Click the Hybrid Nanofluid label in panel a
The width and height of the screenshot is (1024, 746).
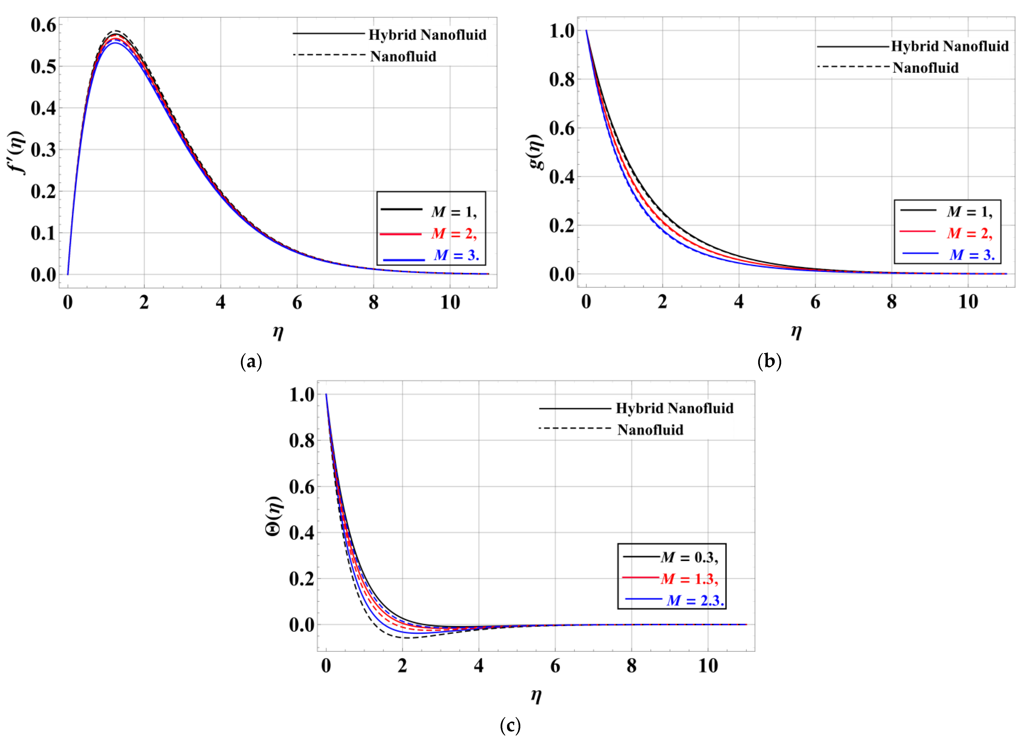427,35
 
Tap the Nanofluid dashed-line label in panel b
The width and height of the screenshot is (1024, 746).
925,68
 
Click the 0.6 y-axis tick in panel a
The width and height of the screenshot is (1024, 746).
43,25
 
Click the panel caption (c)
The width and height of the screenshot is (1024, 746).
510,726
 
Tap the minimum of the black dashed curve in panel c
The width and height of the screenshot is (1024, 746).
404,638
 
